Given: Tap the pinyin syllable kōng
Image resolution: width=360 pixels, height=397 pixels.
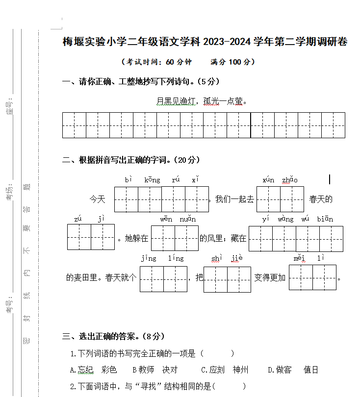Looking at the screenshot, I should (152, 180).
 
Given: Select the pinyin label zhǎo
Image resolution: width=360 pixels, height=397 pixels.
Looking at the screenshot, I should (289, 180).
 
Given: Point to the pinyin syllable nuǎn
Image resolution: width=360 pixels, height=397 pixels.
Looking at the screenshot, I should (187, 219).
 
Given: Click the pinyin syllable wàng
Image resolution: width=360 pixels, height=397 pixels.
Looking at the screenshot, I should (285, 219).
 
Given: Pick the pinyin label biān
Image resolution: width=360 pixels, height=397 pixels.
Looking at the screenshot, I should (325, 219).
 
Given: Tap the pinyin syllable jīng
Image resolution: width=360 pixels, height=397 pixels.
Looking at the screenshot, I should (149, 258).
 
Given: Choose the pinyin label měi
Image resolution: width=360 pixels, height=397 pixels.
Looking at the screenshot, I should (300, 258).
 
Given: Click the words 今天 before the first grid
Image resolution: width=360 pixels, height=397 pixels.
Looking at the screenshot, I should (97, 199).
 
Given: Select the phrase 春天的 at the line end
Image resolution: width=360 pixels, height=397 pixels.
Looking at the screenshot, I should (321, 199).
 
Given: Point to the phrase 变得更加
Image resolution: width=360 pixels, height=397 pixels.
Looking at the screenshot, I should (270, 277).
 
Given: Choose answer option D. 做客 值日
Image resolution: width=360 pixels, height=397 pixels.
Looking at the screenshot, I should (293, 370).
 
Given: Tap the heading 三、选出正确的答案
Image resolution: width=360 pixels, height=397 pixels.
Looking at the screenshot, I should (113, 336).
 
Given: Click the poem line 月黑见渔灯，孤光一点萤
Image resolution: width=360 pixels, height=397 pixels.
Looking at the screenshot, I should (201, 101).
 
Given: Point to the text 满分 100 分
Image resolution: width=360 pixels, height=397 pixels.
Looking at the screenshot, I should (232, 62).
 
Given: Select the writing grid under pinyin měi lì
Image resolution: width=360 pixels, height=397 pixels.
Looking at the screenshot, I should (312, 277).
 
